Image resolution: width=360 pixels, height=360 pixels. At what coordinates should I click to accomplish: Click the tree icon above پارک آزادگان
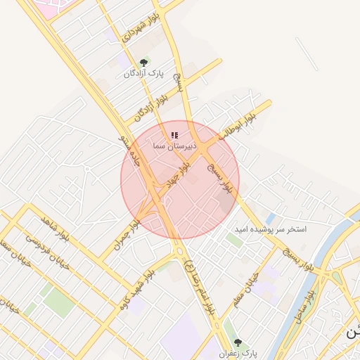(146, 63)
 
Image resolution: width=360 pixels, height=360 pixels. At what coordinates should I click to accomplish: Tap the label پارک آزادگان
(143, 74)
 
